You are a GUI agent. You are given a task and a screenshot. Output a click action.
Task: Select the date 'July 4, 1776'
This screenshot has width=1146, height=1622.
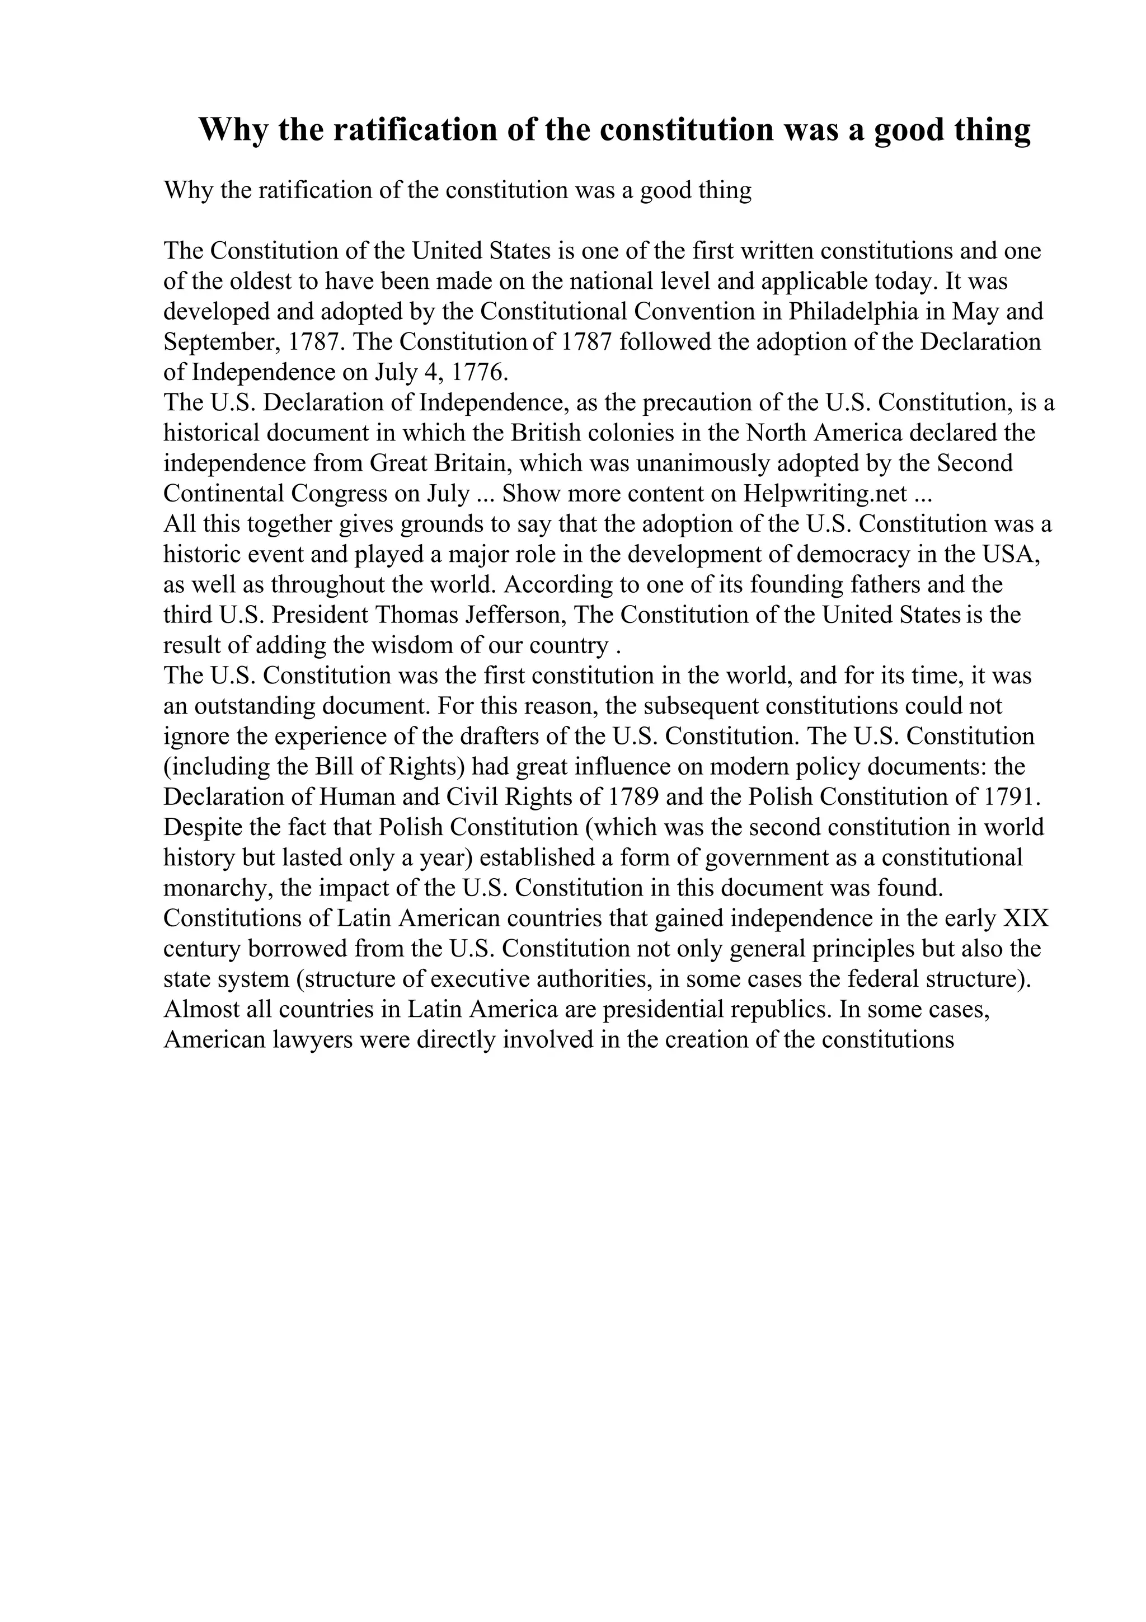tap(442, 372)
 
